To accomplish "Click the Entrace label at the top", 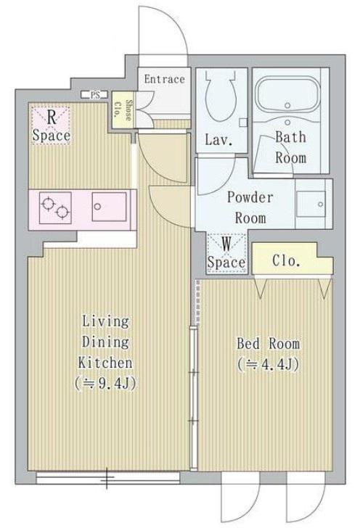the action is click(165, 79).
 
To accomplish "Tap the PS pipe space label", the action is click(95, 95).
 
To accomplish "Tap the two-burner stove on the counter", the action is click(55, 207).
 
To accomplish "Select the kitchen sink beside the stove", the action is click(109, 207).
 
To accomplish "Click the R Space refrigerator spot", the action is click(52, 125).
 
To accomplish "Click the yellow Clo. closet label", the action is click(286, 260).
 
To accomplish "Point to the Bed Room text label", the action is click(269, 344).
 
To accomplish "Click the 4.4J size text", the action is click(269, 364).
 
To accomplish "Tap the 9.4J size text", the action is click(105, 383).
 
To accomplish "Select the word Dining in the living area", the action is click(105, 342).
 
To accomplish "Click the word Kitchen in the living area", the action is click(105, 363).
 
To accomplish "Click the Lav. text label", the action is click(219, 140).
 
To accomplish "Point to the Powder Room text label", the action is click(250, 207).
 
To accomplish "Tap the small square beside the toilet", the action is click(243, 123).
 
